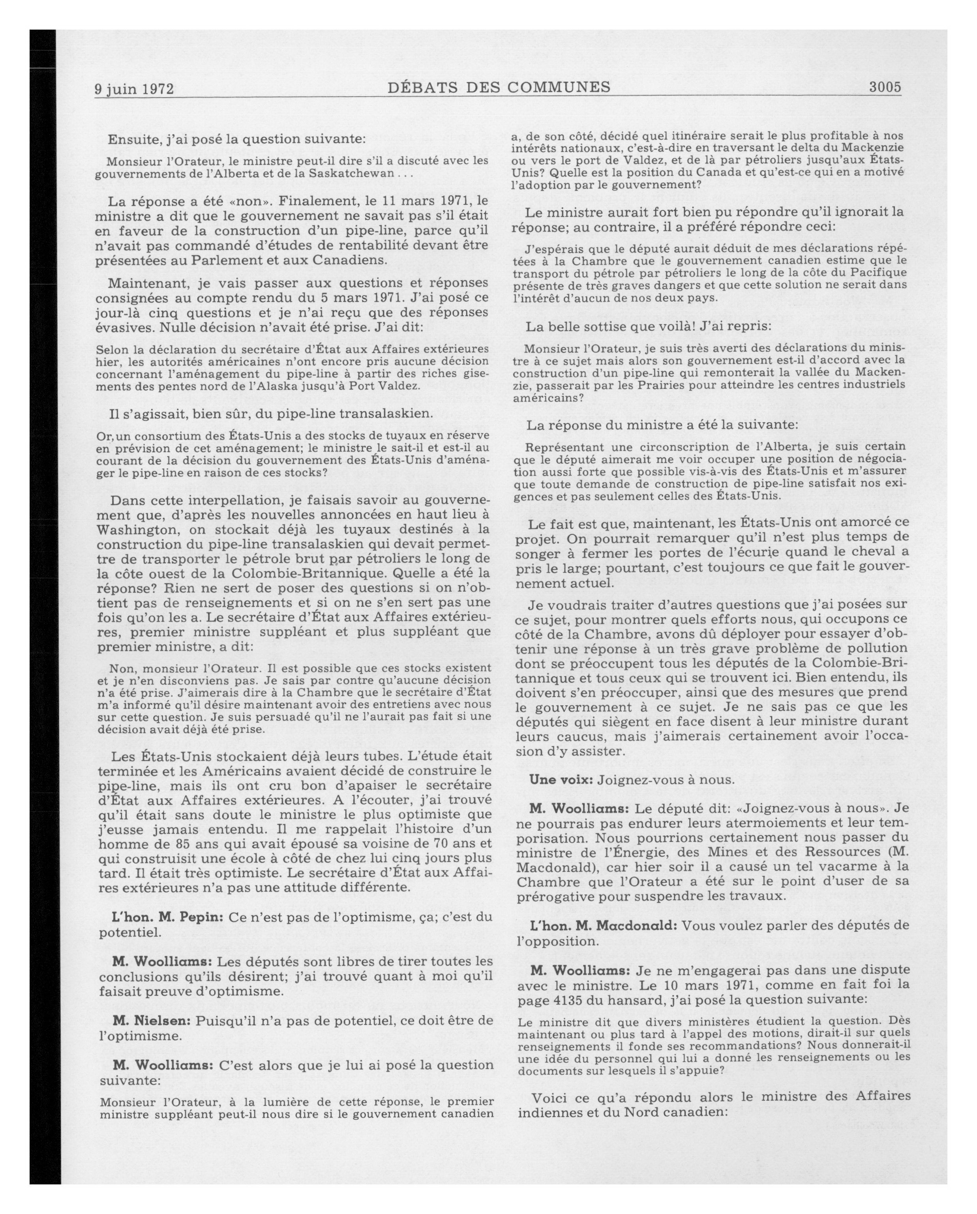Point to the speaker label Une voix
(x=560, y=780)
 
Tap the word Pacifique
(x=876, y=273)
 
